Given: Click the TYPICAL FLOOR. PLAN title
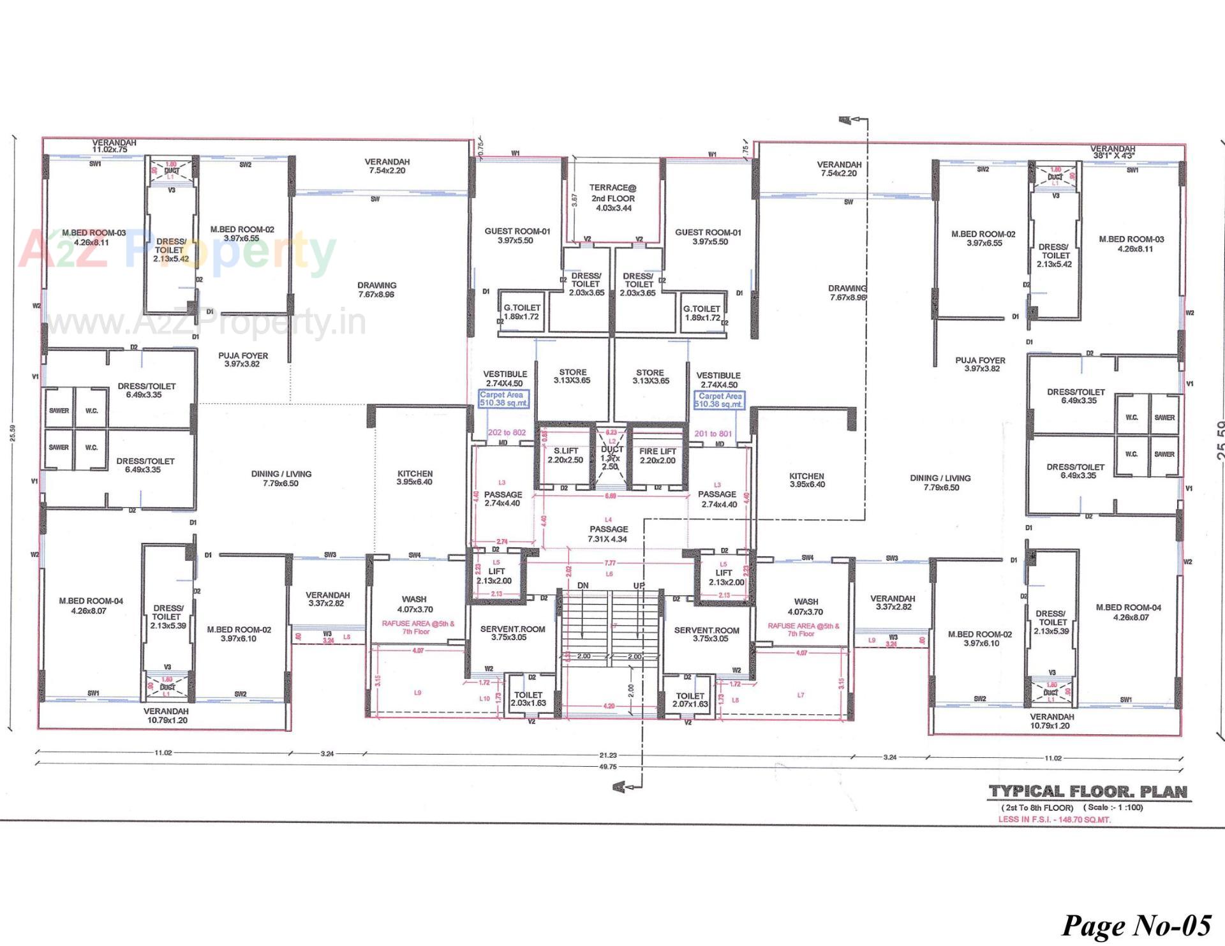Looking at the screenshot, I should (1088, 792).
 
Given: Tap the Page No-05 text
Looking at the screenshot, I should (1136, 925).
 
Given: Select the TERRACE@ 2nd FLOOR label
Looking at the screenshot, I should (612, 198).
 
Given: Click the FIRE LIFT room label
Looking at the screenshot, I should (657, 455).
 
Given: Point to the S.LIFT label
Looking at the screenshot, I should (565, 455).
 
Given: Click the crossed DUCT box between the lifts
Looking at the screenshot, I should (611, 457).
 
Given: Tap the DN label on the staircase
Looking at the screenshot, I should (583, 586).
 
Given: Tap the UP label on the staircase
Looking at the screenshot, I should (639, 586).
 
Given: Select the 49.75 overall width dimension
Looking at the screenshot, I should (608, 767).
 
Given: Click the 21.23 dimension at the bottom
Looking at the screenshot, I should (608, 755).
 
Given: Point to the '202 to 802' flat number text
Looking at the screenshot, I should (507, 432).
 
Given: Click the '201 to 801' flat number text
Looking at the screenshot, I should (713, 434).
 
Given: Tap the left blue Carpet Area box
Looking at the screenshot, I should (503, 399).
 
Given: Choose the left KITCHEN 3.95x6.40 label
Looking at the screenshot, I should (415, 478).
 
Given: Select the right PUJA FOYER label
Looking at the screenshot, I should (981, 364).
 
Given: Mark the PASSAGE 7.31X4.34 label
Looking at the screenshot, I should (608, 534).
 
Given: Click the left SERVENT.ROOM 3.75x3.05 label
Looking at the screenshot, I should (512, 633).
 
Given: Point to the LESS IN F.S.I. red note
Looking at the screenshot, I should (1054, 820).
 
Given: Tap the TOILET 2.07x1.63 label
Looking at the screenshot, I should (690, 700).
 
